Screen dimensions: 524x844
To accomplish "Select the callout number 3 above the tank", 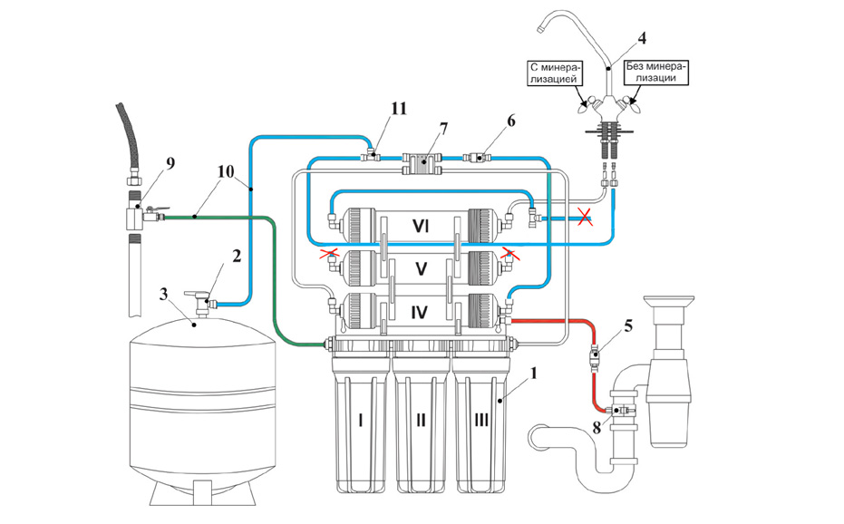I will coord(164,295).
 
